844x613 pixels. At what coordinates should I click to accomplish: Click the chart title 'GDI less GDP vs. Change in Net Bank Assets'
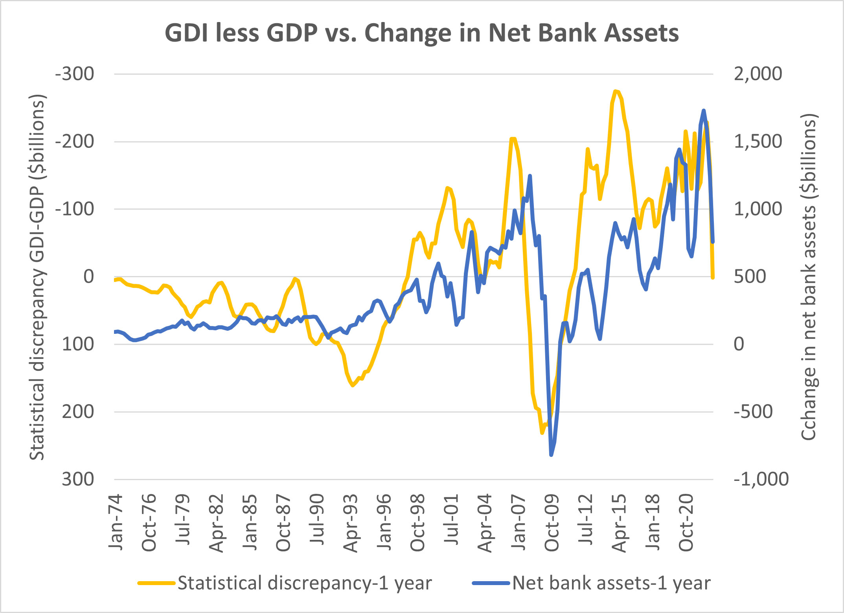click(x=421, y=33)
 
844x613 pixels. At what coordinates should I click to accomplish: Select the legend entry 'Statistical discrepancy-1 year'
click(x=304, y=583)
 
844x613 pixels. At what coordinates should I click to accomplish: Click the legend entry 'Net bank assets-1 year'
click(x=611, y=583)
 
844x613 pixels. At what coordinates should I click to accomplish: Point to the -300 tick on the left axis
click(x=75, y=74)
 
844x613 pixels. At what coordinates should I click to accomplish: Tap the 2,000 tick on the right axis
click(x=758, y=74)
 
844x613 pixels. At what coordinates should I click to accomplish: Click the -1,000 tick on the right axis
click(x=761, y=479)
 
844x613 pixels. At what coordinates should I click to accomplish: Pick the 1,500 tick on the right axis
click(x=758, y=142)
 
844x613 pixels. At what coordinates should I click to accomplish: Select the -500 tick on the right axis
click(x=753, y=412)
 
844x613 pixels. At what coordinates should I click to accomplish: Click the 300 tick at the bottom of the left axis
click(x=78, y=479)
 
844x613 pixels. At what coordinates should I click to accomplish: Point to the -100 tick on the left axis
click(x=75, y=209)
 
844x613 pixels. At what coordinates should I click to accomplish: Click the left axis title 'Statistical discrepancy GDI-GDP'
click(x=38, y=277)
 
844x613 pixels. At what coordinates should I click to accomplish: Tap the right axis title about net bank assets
click(x=809, y=277)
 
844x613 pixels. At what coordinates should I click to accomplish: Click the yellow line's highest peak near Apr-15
click(x=616, y=91)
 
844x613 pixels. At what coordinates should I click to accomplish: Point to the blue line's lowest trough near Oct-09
click(x=551, y=455)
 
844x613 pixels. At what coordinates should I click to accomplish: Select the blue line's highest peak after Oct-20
click(x=704, y=110)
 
